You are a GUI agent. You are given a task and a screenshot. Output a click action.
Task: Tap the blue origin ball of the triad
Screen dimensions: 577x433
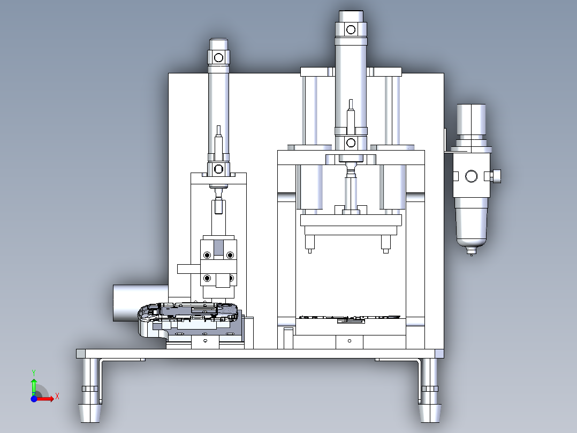(34, 399)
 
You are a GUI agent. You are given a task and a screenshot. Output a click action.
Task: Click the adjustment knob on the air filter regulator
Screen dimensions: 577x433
(497, 176)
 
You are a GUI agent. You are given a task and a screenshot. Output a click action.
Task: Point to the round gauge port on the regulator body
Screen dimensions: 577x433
(471, 176)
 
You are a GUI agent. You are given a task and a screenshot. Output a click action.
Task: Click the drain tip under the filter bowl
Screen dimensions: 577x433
(471, 251)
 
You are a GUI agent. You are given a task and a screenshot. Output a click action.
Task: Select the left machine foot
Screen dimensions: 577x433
(90, 391)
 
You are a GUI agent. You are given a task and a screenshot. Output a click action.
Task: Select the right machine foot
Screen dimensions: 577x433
(429, 391)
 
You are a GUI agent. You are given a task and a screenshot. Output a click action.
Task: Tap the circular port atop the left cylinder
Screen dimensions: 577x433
(218, 57)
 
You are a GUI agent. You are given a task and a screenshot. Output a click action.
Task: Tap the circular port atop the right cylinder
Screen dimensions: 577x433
(351, 29)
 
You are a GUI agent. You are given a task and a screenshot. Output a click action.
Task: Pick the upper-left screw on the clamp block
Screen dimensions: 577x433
(207, 255)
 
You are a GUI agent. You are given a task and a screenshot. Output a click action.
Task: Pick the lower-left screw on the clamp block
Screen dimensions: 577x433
(207, 278)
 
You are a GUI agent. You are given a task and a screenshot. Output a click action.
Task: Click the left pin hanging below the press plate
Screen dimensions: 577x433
(310, 244)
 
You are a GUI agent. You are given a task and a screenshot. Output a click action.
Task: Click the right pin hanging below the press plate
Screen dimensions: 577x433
(385, 244)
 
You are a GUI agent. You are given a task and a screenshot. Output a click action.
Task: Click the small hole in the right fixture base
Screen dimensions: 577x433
(350, 341)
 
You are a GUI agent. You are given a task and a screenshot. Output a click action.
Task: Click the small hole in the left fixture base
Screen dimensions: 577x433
(206, 340)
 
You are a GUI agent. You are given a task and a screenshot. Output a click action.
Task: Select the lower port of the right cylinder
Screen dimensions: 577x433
(351, 143)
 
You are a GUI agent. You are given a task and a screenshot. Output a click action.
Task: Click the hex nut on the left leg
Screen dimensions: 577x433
(90, 389)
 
